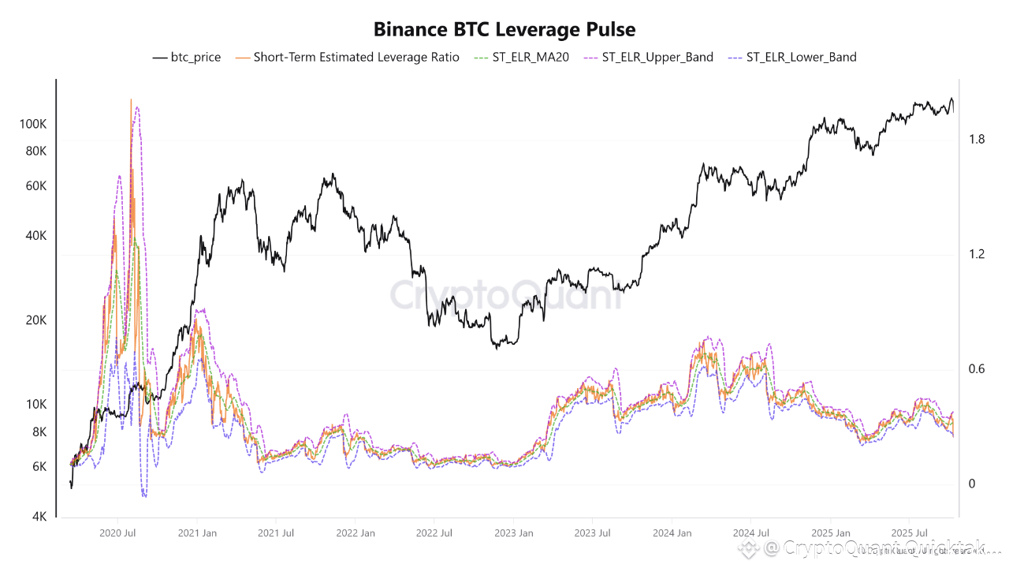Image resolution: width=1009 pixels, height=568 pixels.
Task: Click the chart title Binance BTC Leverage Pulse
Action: click(x=504, y=30)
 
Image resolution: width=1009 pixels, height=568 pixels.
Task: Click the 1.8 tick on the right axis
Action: click(x=977, y=140)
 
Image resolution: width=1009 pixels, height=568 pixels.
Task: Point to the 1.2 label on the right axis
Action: click(x=977, y=255)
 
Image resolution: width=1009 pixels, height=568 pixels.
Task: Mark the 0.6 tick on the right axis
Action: click(x=977, y=369)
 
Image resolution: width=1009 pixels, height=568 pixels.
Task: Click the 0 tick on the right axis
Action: click(x=972, y=484)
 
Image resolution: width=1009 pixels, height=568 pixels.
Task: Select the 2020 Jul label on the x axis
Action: click(x=118, y=533)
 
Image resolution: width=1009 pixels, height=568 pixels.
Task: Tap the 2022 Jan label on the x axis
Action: click(x=356, y=533)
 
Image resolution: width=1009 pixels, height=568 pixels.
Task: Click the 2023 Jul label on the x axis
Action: click(x=593, y=533)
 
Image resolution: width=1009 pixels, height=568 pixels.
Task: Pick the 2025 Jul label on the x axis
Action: click(x=909, y=533)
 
